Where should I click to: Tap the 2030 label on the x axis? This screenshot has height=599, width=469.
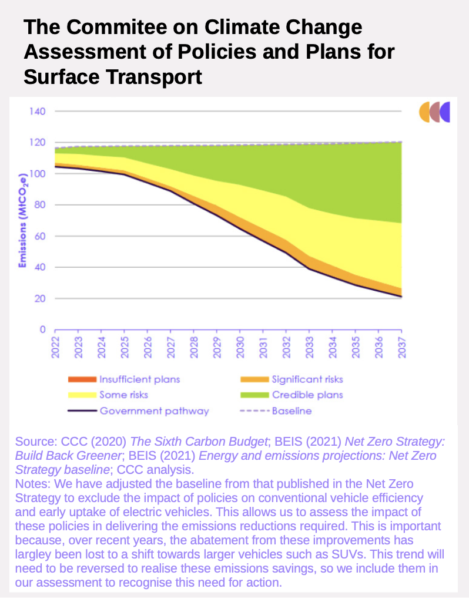(x=240, y=346)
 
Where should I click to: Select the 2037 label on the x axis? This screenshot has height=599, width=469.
(x=401, y=346)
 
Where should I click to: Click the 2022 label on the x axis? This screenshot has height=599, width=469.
(x=55, y=346)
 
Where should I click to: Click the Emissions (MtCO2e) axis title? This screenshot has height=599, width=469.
(x=22, y=220)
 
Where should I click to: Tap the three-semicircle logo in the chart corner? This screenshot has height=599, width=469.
(x=434, y=112)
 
